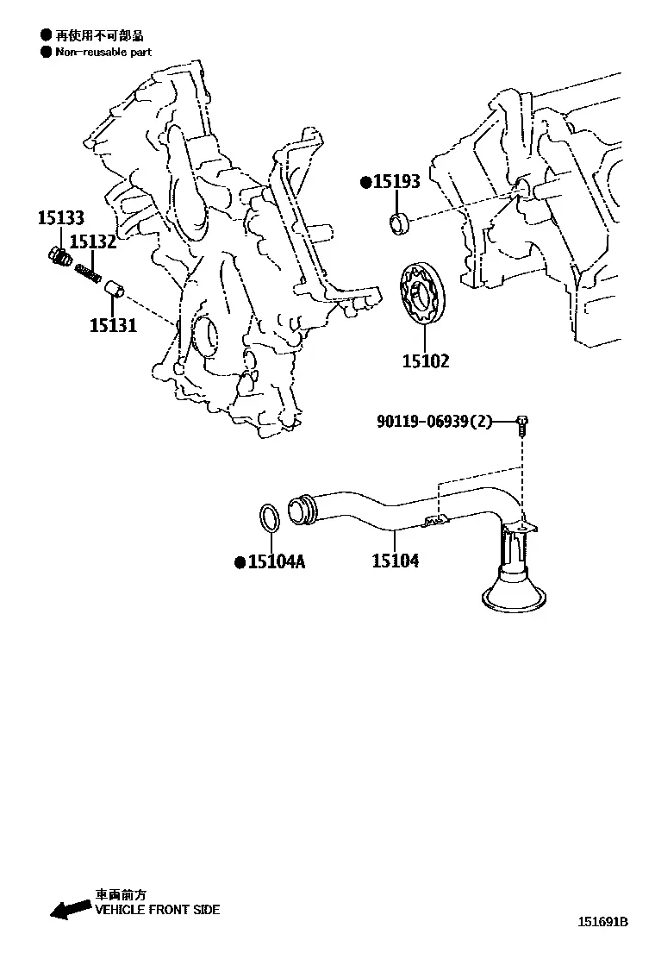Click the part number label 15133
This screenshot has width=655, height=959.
click(x=61, y=217)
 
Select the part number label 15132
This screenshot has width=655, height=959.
click(x=93, y=241)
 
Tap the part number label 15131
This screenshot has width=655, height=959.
click(x=114, y=325)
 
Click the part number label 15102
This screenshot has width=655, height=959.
click(x=426, y=360)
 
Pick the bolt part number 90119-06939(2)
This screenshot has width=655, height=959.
click(x=434, y=422)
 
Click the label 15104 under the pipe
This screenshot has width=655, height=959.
click(x=396, y=561)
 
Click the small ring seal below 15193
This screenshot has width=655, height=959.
click(x=400, y=223)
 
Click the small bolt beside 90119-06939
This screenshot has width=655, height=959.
click(x=522, y=425)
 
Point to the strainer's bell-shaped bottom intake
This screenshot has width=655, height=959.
click(x=514, y=592)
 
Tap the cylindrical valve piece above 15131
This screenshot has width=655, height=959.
click(x=115, y=290)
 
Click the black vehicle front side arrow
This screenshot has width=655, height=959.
click(x=71, y=910)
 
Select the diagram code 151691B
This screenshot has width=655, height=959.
click(x=603, y=922)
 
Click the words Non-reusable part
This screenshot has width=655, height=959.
click(x=103, y=53)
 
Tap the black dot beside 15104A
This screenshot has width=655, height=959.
click(x=240, y=562)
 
